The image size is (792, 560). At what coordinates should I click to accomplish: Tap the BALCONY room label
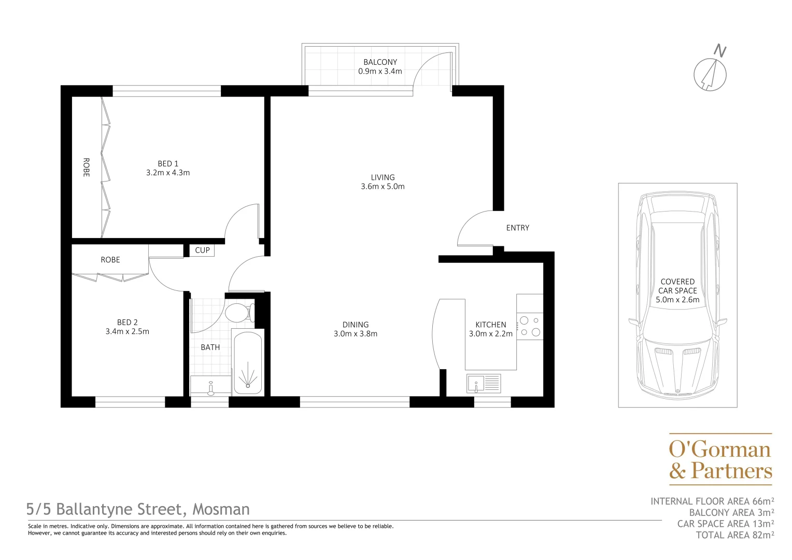pyautogui.click(x=380, y=62)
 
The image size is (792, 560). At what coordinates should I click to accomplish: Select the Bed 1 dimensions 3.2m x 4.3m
pyautogui.click(x=168, y=173)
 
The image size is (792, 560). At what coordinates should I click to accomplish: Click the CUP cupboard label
pyautogui.click(x=202, y=250)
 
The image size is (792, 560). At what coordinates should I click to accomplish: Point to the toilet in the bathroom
pyautogui.click(x=238, y=313)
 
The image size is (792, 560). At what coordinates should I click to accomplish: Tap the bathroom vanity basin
pyautogui.click(x=210, y=386)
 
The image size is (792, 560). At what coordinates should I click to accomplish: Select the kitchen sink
pyautogui.click(x=484, y=384)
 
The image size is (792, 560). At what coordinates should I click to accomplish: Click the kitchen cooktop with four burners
pyautogui.click(x=530, y=326)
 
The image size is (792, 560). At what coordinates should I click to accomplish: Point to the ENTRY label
pyautogui.click(x=517, y=228)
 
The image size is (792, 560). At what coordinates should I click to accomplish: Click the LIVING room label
pyautogui.click(x=383, y=177)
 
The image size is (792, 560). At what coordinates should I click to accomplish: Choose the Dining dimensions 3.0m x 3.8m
pyautogui.click(x=356, y=334)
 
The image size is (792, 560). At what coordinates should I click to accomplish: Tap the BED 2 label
pyautogui.click(x=128, y=323)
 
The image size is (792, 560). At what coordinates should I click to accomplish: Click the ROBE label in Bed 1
pyautogui.click(x=86, y=167)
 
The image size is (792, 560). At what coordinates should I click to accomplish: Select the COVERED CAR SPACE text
pyautogui.click(x=677, y=286)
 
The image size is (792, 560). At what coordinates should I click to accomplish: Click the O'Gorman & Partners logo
pyautogui.click(x=720, y=459)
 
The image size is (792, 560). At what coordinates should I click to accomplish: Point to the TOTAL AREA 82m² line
pyautogui.click(x=735, y=535)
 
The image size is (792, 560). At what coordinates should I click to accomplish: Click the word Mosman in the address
pyautogui.click(x=221, y=509)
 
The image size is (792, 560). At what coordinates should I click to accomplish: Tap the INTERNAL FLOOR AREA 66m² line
pyautogui.click(x=712, y=501)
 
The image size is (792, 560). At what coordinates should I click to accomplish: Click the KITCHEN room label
pyautogui.click(x=490, y=325)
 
